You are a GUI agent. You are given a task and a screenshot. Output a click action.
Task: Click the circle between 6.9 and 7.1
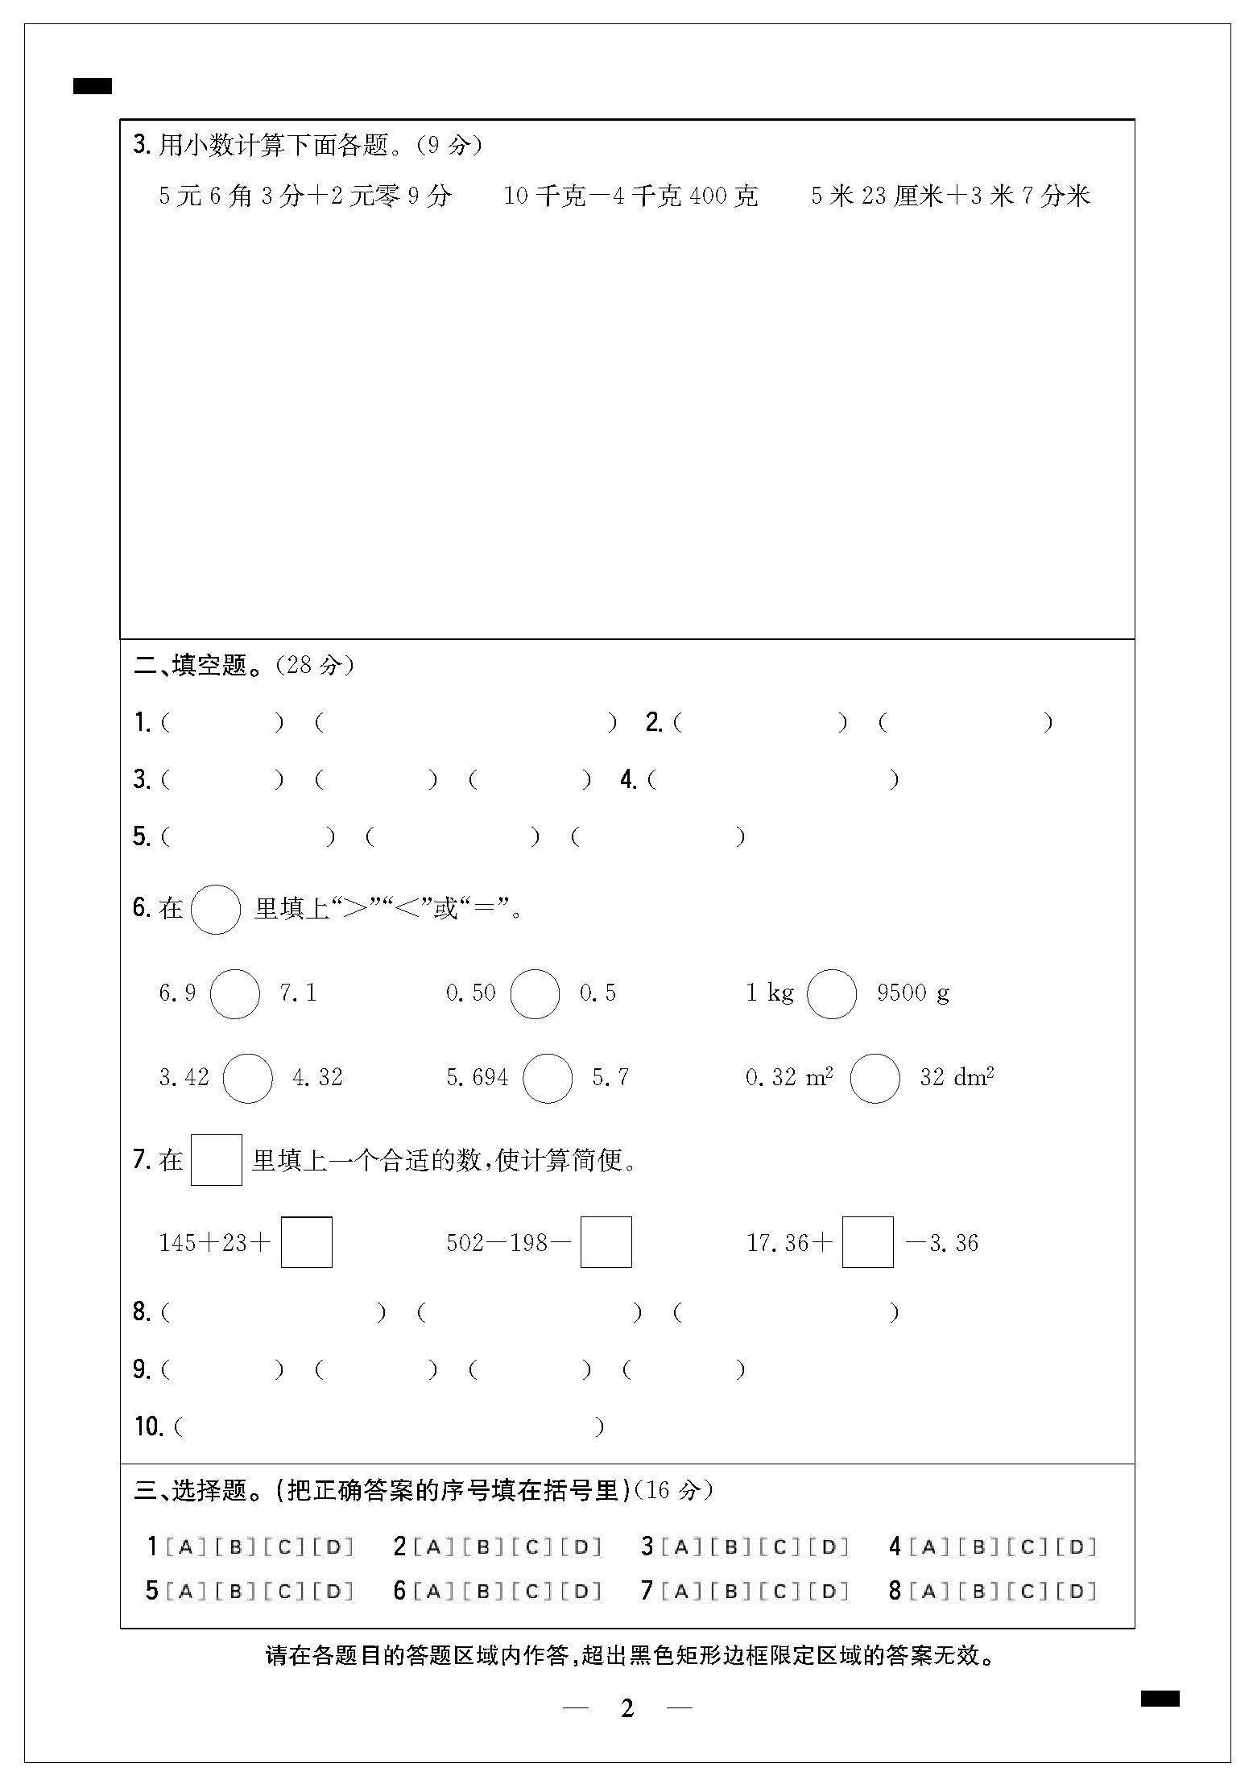(x=235, y=993)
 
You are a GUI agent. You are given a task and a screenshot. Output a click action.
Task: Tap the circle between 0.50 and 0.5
(x=536, y=993)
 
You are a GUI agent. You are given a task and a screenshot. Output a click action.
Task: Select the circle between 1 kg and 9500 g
(x=831, y=993)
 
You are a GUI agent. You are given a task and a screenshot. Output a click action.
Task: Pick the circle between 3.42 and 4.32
(x=248, y=1078)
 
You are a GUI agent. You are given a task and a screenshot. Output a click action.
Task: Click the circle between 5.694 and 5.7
(x=548, y=1078)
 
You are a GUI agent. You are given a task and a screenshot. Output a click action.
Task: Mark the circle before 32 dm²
(x=875, y=1078)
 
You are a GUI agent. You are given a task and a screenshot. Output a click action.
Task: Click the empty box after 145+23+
(x=307, y=1242)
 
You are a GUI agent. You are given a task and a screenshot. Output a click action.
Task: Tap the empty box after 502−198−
(x=606, y=1242)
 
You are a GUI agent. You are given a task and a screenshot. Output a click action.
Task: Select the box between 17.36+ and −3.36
(x=867, y=1242)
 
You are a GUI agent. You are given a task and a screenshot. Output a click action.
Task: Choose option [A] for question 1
(x=185, y=1546)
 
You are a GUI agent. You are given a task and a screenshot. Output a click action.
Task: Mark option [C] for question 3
(x=780, y=1546)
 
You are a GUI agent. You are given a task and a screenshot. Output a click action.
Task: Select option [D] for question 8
(x=1077, y=1591)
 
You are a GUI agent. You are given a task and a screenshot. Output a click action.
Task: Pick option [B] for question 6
(x=483, y=1591)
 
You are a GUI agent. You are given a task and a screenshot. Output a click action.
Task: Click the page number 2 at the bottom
(x=627, y=1708)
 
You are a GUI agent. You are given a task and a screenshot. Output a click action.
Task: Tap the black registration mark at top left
(x=93, y=86)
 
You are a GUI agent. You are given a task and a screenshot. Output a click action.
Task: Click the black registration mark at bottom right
(x=1160, y=1699)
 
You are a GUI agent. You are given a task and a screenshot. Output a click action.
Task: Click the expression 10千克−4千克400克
(x=631, y=196)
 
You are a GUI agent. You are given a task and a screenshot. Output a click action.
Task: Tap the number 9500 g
(x=913, y=993)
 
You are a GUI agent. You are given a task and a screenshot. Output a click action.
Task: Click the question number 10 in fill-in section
(x=149, y=1427)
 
